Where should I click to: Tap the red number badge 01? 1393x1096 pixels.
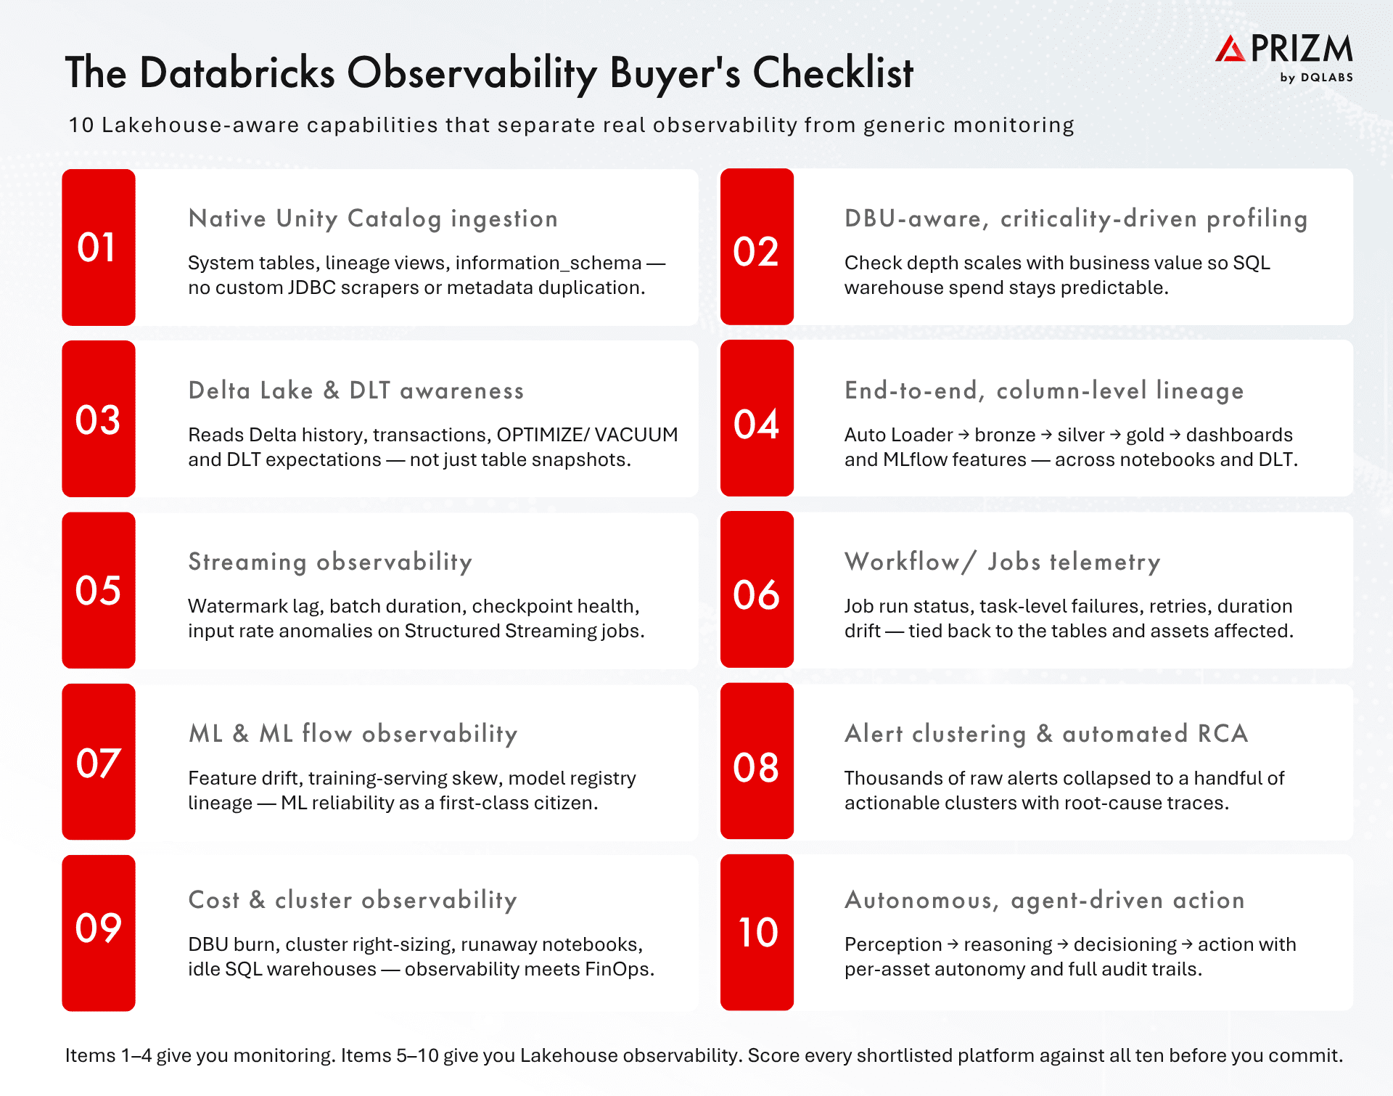pos(99,248)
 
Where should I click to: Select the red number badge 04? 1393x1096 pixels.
pos(757,419)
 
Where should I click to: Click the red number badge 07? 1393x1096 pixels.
pos(99,762)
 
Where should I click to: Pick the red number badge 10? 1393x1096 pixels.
pos(757,933)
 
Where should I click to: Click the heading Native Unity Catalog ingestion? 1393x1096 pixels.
pos(373,218)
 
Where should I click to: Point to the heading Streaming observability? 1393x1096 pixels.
pos(330,562)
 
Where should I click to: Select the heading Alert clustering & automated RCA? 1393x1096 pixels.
pos(1046,734)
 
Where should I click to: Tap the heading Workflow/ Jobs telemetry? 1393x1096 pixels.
pos(1003,562)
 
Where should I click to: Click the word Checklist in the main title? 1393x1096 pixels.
pos(833,73)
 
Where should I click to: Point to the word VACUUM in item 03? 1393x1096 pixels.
pos(636,435)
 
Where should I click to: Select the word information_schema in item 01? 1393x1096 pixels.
pos(548,263)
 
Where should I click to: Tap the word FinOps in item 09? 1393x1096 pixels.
pos(620,970)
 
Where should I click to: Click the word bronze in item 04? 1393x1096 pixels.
pos(1005,435)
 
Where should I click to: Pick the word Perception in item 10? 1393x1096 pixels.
pos(893,945)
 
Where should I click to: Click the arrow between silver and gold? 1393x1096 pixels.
pos(1115,435)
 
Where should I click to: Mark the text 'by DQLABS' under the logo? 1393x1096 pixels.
pos(1317,78)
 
